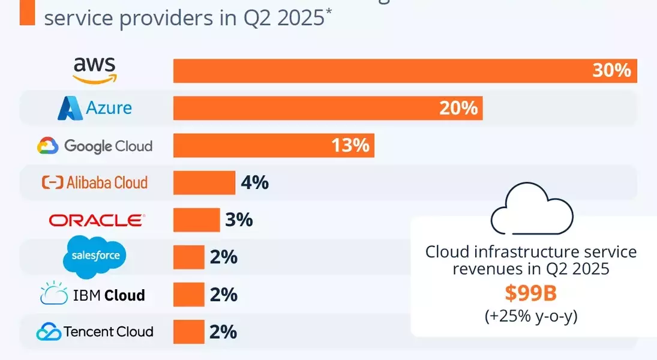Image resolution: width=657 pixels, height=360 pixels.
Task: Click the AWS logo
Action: pyautogui.click(x=95, y=70)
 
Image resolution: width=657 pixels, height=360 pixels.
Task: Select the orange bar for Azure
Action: pyautogui.click(x=328, y=108)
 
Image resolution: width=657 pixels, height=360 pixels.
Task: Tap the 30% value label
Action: pyautogui.click(x=611, y=70)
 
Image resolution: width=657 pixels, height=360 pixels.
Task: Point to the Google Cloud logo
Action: pyautogui.click(x=95, y=146)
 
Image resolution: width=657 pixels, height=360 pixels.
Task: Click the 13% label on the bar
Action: pyautogui.click(x=350, y=145)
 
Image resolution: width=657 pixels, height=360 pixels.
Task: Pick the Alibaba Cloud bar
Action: pyautogui.click(x=204, y=182)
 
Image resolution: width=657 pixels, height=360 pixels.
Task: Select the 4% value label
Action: pyautogui.click(x=254, y=182)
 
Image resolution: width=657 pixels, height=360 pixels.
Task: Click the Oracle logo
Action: pyautogui.click(x=97, y=220)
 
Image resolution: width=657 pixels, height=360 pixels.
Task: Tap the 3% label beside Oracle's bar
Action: pyautogui.click(x=239, y=220)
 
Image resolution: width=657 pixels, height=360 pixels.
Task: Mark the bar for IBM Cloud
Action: pyautogui.click(x=188, y=295)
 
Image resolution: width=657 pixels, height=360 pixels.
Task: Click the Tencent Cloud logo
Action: pyautogui.click(x=95, y=331)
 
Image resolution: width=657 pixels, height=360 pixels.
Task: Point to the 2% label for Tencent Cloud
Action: pyautogui.click(x=223, y=331)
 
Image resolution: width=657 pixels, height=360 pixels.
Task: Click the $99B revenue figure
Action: pyautogui.click(x=531, y=293)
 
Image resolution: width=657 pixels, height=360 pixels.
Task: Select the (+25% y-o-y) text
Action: pyautogui.click(x=531, y=316)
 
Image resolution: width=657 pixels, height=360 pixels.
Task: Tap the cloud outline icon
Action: pyautogui.click(x=532, y=210)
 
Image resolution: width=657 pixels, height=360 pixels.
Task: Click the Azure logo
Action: pyautogui.click(x=95, y=108)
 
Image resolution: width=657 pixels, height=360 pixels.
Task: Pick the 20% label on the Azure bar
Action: pyautogui.click(x=458, y=108)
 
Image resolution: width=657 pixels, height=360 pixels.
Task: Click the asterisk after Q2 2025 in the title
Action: pyautogui.click(x=329, y=11)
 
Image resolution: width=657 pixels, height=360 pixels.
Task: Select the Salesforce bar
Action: pyautogui.click(x=188, y=257)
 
